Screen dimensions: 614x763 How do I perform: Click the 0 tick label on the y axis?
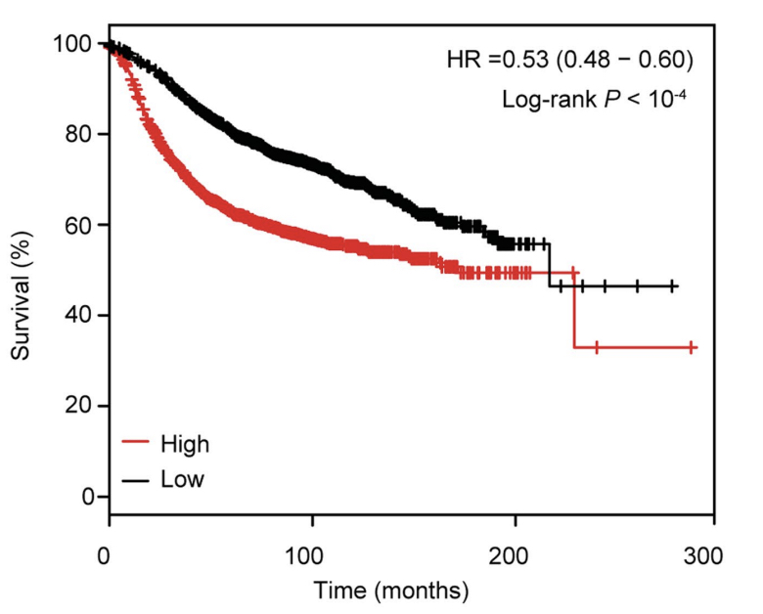point(86,496)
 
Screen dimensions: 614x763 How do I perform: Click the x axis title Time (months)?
point(391,591)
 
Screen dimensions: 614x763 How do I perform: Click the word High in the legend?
point(185,444)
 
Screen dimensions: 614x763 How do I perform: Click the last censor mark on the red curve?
point(692,347)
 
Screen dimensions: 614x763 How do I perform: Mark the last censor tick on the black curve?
point(672,286)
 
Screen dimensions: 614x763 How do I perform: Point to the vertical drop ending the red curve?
point(574,310)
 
